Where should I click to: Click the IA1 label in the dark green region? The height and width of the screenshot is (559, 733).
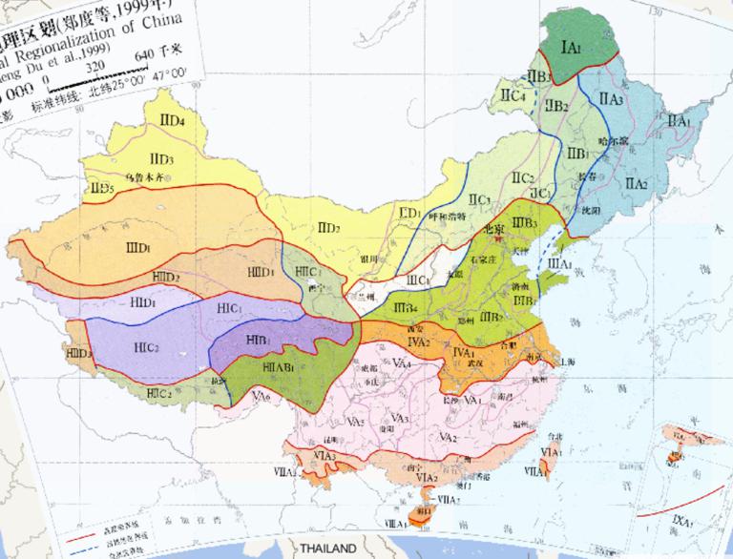pyautogui.click(x=571, y=47)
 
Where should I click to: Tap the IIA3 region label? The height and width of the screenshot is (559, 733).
pyautogui.click(x=612, y=98)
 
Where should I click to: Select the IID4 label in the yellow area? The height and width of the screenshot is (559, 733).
pyautogui.click(x=173, y=120)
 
